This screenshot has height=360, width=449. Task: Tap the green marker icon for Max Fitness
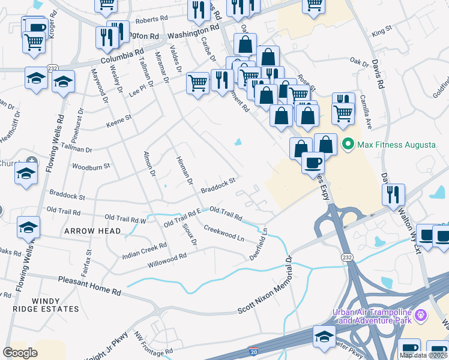(x=346, y=145)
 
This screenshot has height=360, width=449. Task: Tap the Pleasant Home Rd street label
(x=89, y=284)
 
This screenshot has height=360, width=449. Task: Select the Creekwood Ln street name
(x=224, y=233)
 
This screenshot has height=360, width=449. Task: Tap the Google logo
(x=20, y=352)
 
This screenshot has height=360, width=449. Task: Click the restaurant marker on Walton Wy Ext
(x=393, y=194)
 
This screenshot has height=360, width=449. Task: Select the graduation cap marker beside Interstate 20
(x=324, y=337)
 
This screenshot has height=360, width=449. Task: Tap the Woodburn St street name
(x=91, y=166)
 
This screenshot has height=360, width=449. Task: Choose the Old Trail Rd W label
(x=125, y=218)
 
